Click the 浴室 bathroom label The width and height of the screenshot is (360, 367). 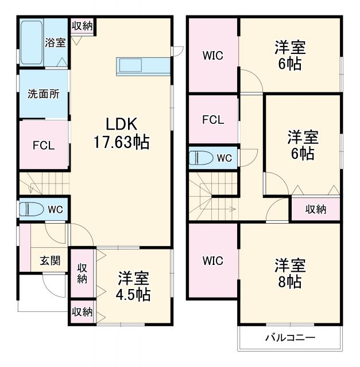[x=55, y=43]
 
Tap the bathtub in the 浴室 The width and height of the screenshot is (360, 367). [x=32, y=43]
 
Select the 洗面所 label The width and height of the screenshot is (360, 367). [x=43, y=95]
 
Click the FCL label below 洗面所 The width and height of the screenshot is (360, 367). [x=43, y=145]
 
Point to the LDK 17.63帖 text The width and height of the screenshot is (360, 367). [x=121, y=133]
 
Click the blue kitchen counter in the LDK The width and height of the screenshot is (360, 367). [x=144, y=66]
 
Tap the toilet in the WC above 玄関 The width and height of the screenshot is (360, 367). [x=32, y=210]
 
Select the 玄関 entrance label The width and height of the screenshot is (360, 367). [x=50, y=260]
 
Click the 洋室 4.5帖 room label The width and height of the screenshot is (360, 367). [x=134, y=286]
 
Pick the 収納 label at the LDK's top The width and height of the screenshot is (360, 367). [x=83, y=26]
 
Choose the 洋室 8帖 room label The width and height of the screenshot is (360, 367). [x=290, y=274]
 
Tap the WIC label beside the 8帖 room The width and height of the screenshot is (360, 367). [x=212, y=260]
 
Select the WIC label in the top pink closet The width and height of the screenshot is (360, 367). [x=212, y=56]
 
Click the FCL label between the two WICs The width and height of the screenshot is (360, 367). [x=212, y=120]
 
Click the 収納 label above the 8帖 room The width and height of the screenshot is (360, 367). [x=315, y=209]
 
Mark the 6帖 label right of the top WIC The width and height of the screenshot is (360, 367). [x=290, y=56]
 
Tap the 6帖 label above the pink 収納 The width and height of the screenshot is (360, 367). [x=303, y=146]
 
